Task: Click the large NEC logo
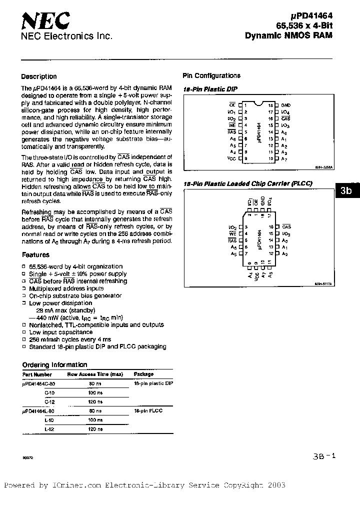(x=45, y=21)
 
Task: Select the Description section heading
(x=39, y=76)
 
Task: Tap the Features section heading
(x=35, y=254)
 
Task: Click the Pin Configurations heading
(x=211, y=75)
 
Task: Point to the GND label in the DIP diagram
(x=285, y=105)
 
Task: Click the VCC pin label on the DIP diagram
(x=231, y=158)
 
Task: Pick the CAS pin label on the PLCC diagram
(x=286, y=226)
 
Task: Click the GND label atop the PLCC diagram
(x=262, y=202)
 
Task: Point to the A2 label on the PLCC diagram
(x=284, y=254)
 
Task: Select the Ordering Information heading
(x=55, y=364)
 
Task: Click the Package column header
(x=144, y=374)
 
